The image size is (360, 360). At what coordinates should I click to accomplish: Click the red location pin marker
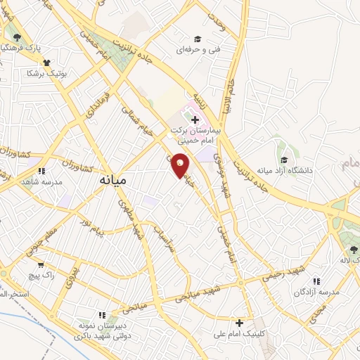[x=181, y=165]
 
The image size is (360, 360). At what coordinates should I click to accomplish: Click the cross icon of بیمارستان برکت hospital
[x=195, y=120]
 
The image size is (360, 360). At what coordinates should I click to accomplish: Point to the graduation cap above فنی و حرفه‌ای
[x=198, y=39]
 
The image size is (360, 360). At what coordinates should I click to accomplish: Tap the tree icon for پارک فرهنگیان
[x=17, y=37]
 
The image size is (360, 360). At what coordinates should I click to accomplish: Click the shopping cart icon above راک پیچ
[x=41, y=266]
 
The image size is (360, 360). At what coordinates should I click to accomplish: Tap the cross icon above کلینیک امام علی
[x=240, y=323]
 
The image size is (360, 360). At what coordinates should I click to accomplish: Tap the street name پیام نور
[x=91, y=227]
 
